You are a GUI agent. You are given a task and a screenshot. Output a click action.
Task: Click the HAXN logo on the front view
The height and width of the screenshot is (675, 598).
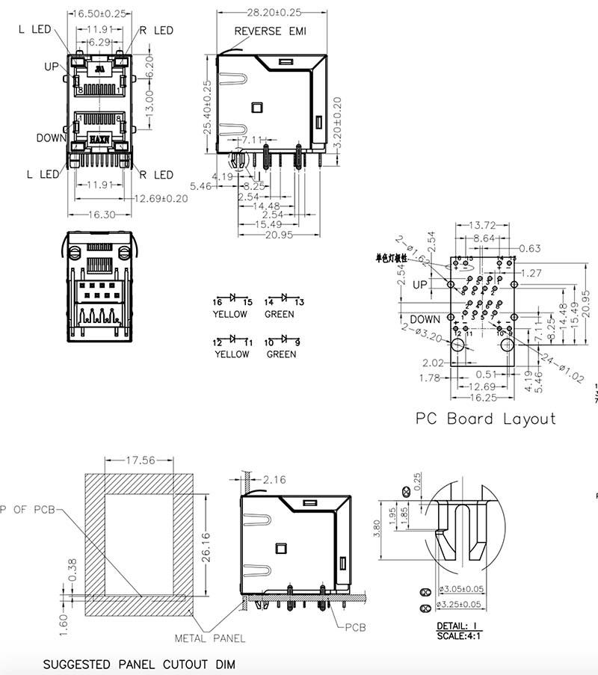[99, 140]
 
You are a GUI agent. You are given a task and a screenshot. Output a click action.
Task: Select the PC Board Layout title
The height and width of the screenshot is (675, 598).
[486, 418]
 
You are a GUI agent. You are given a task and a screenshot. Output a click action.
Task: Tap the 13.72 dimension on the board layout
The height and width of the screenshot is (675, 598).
[483, 225]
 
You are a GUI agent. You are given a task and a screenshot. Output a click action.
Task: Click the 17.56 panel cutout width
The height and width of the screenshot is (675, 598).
[140, 460]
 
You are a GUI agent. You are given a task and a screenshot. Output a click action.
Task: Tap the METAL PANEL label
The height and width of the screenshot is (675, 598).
[209, 638]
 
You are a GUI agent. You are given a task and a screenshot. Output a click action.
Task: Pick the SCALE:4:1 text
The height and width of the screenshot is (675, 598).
[460, 635]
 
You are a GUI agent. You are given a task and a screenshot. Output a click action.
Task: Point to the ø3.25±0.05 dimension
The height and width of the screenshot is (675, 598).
[461, 604]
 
